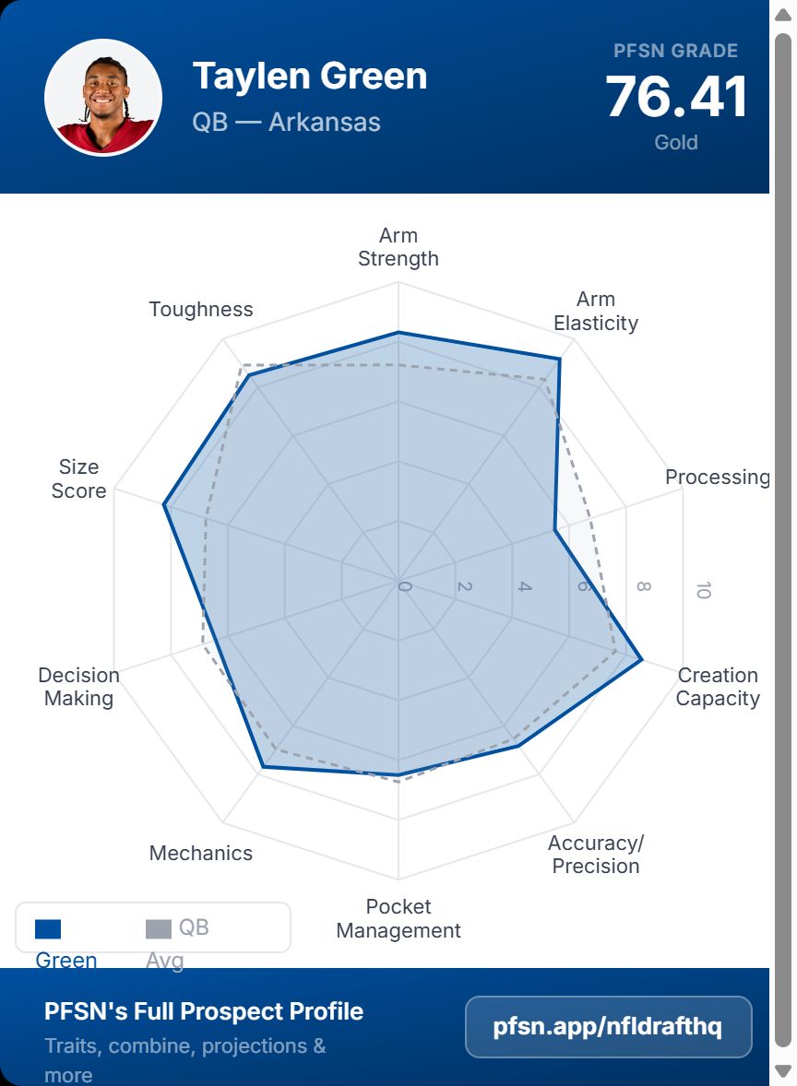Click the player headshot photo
pos(103,97)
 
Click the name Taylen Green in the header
pos(310,76)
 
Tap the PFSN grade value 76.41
pos(676,97)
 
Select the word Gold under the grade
pos(676,143)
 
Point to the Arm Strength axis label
pos(398,247)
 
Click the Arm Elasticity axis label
pos(596,312)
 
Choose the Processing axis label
pos(717,478)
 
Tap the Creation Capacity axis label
pos(718,687)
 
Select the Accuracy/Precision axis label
pos(596,855)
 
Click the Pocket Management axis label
pos(398,918)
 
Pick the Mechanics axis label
pos(201,854)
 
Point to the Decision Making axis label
pos(78,687)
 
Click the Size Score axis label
pos(78,478)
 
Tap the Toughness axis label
pos(201,310)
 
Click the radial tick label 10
pos(703,590)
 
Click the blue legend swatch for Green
pos(48,929)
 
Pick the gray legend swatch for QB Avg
pos(159,929)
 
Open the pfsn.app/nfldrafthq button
pos(608,1027)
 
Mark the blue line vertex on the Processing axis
pos(554,530)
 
